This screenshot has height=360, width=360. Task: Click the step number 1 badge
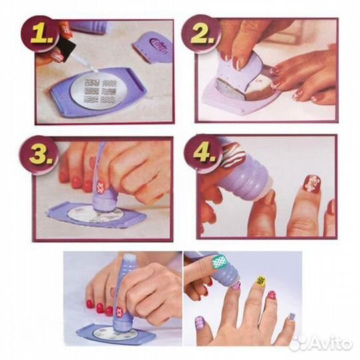[x=41, y=35]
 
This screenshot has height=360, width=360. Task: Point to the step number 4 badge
[x=203, y=153]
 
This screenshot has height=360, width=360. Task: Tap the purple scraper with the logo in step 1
[x=152, y=48]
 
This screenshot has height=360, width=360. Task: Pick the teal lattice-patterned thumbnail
[x=220, y=262]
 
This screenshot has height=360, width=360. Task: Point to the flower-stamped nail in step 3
[x=100, y=186]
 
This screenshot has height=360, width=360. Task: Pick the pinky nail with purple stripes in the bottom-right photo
[x=291, y=317]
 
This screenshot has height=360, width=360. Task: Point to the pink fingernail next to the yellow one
[x=272, y=295]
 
